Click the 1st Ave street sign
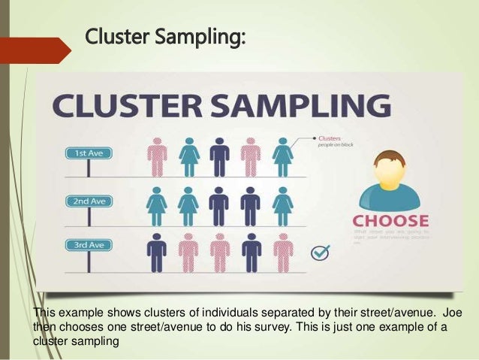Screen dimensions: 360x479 (88, 153)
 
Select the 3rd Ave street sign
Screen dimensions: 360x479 (88, 245)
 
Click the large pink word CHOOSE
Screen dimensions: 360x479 (391, 222)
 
